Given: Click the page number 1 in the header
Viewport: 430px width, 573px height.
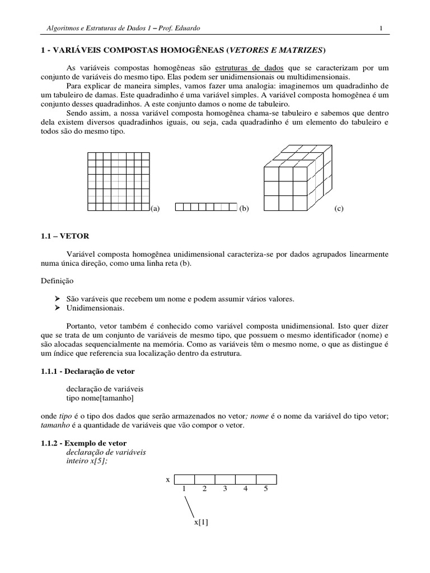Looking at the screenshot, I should (381, 28).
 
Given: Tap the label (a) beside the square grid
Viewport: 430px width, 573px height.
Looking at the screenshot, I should (155, 209).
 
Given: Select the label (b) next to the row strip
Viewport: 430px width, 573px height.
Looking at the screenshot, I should (243, 209).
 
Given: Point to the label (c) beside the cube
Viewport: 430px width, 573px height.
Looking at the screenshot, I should (339, 209).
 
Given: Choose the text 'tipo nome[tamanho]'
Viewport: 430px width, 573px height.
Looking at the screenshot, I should (100, 398).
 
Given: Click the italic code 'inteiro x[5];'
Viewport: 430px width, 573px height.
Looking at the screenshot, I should (88, 461).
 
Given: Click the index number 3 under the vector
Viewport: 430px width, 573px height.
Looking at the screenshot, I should (225, 489).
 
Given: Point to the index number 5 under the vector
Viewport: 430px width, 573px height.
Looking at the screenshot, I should (266, 489).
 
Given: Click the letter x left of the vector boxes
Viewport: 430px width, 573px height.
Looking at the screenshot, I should (167, 480).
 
